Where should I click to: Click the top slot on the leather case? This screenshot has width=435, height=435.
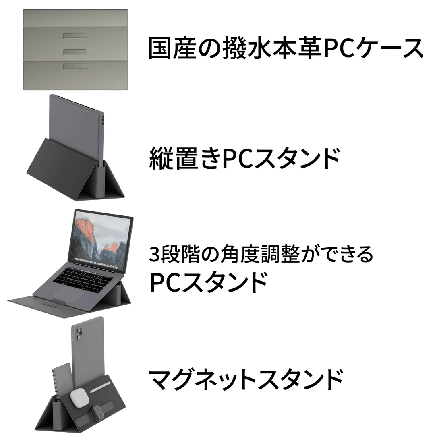[75, 35]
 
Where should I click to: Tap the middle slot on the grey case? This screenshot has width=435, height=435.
[75, 52]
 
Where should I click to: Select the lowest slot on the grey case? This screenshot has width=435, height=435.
[75, 65]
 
